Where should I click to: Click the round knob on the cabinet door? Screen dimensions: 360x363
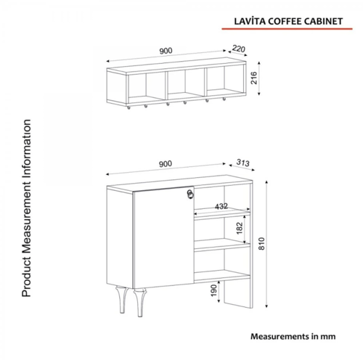tap(191, 193)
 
